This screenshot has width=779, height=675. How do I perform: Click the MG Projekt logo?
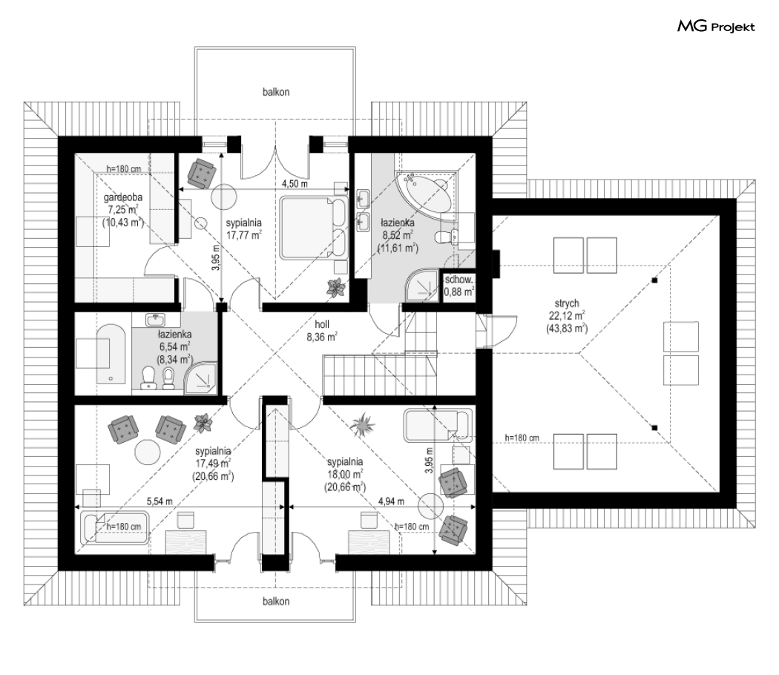tap(716, 26)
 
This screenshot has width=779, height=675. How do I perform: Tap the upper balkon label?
tap(276, 92)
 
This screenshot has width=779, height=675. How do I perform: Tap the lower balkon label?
tap(276, 602)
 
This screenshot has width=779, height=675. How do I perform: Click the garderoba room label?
tap(122, 197)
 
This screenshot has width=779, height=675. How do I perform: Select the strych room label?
tap(567, 303)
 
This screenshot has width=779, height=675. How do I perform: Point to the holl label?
tap(322, 324)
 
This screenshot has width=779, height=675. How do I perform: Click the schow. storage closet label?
tap(458, 280)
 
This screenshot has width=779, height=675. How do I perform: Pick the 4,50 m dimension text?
tap(295, 184)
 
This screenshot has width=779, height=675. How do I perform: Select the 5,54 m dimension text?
tap(160, 501)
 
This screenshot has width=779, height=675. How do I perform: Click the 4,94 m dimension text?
tap(391, 501)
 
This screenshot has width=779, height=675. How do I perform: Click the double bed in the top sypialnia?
tap(314, 228)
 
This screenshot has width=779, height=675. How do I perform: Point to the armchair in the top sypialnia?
tap(202, 173)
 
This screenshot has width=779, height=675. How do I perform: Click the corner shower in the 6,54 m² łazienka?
tap(201, 378)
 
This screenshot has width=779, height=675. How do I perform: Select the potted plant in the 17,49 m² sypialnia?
tap(203, 423)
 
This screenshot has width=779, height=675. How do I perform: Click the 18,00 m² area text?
tap(345, 474)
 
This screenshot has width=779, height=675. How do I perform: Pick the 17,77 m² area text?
tap(243, 235)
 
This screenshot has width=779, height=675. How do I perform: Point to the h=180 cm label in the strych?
tap(522, 438)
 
